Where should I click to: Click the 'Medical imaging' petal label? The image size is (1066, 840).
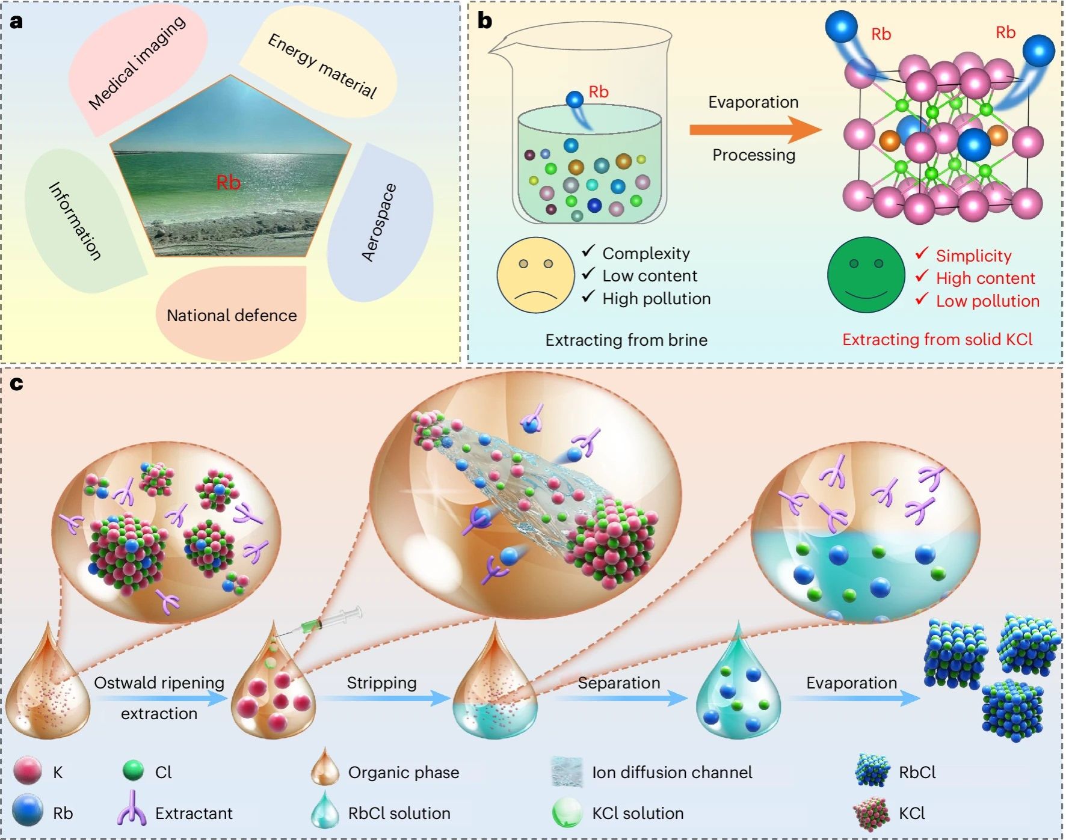pos(137,63)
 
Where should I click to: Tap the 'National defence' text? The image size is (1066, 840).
pos(232,316)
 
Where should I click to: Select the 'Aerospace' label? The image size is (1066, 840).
pos(379,222)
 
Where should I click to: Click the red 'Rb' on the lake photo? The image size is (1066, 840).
pos(228,182)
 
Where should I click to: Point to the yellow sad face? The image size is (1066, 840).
pos(535,275)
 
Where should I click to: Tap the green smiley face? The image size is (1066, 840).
pos(866,275)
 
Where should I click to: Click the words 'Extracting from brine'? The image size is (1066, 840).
pos(626,340)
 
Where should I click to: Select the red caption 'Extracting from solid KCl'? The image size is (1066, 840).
pos(937,340)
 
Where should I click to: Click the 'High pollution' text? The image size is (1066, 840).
pos(656,299)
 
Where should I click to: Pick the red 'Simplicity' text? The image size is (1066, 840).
pos(973,256)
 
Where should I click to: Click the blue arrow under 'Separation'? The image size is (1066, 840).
pos(620,698)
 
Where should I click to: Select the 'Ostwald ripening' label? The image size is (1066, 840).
pos(159,683)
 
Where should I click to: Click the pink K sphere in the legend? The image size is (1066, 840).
pos(28,771)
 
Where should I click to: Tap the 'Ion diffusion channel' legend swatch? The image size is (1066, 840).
pos(567,772)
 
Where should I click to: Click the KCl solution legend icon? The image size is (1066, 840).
pos(567,813)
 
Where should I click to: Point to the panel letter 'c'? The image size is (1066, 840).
pos(16,384)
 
